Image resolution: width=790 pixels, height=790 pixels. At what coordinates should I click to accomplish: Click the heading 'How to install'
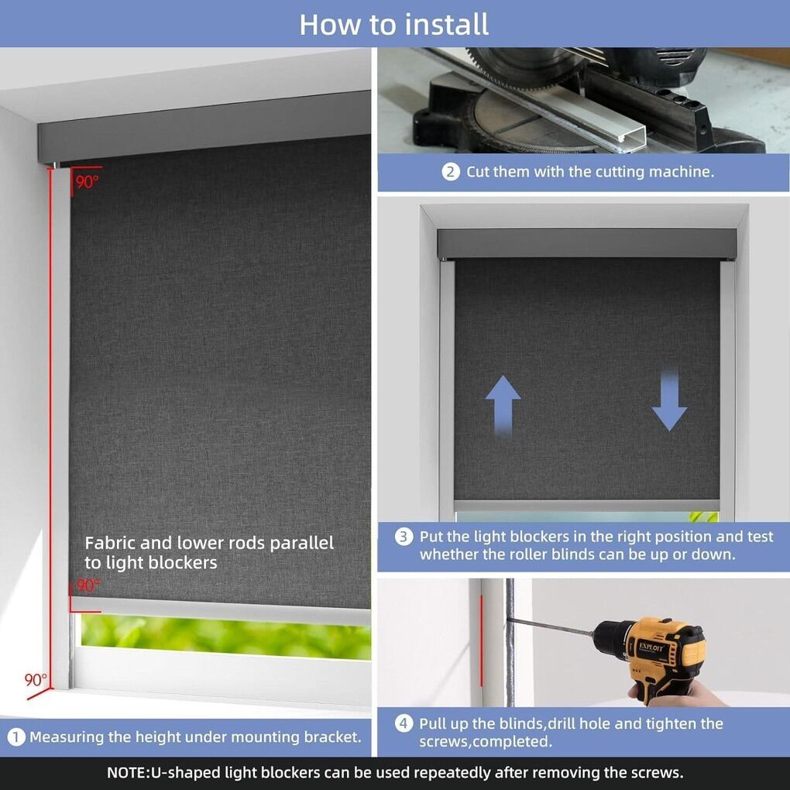point(394,24)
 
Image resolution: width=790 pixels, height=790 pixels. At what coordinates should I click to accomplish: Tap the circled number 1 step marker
point(16,737)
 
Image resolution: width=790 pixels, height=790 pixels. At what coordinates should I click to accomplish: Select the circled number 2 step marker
point(451,172)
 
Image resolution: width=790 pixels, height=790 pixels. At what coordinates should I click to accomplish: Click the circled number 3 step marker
point(404,537)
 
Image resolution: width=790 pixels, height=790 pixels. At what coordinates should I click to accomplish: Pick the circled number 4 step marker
point(403,724)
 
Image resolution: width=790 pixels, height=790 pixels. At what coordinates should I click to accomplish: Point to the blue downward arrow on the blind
point(669,401)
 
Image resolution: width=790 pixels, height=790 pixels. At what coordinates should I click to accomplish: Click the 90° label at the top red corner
point(88,181)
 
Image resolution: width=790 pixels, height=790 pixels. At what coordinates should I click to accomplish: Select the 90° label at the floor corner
point(36,680)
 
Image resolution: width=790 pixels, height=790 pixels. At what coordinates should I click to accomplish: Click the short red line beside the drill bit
point(481,641)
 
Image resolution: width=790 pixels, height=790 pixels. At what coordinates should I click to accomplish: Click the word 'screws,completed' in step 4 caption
point(486,742)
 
